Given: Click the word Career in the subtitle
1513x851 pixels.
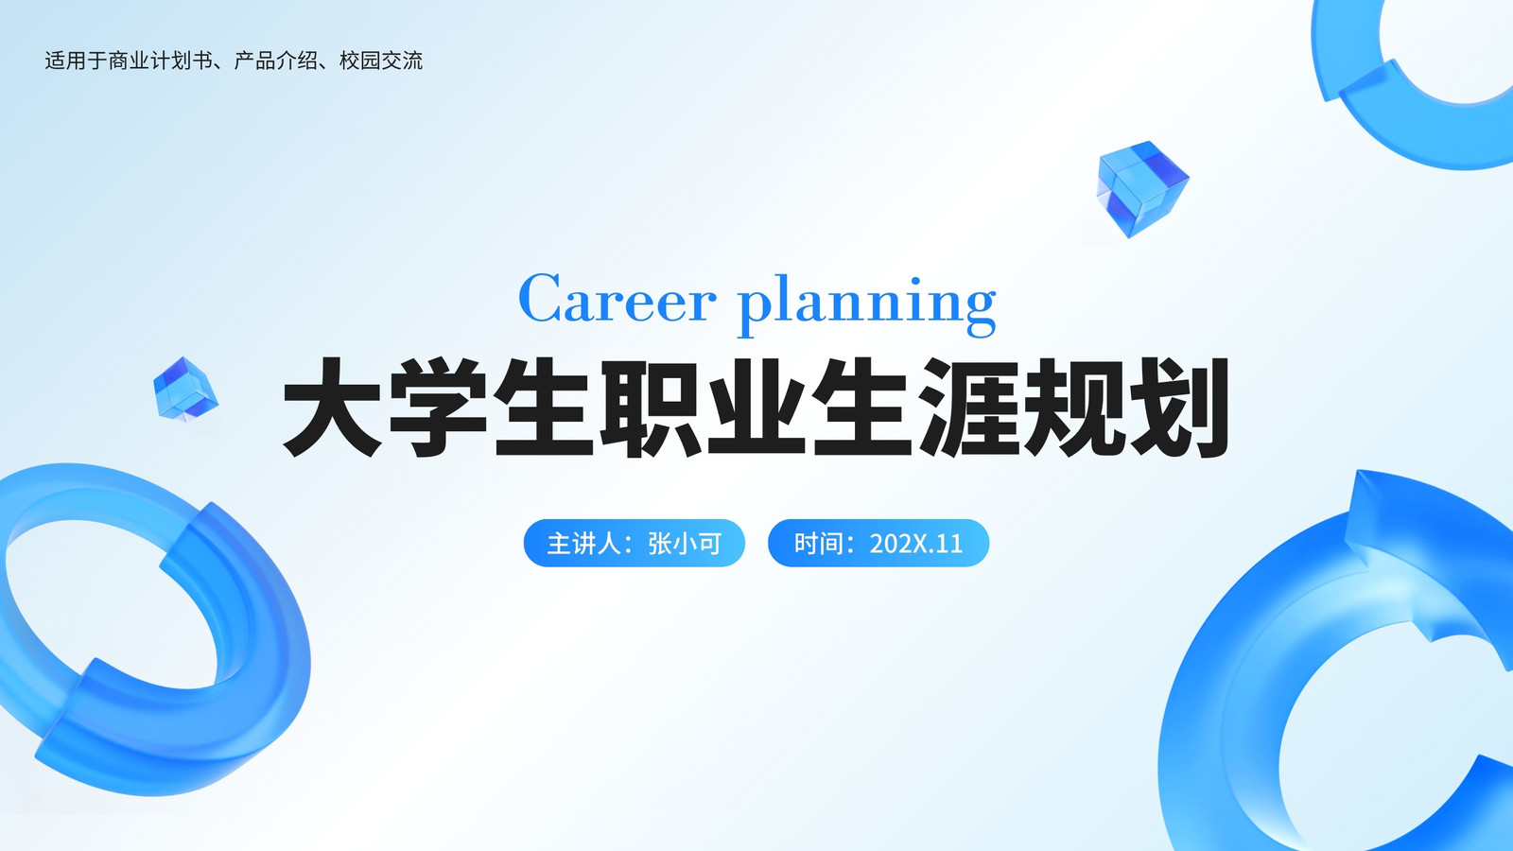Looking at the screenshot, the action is click(617, 298).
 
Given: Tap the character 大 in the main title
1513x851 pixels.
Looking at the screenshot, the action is click(332, 408).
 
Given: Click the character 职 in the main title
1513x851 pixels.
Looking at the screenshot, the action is click(651, 408).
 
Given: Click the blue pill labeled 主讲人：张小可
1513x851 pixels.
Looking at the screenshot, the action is click(635, 543).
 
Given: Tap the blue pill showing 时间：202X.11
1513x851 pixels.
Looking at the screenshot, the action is click(878, 543).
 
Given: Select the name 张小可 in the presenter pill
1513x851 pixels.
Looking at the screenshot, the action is click(685, 544).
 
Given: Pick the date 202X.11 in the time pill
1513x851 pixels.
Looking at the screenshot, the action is click(916, 544).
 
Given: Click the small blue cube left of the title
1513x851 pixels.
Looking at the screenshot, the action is click(185, 389).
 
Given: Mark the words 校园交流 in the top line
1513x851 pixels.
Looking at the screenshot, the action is click(381, 61).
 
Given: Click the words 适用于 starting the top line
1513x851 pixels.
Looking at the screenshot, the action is click(76, 61).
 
